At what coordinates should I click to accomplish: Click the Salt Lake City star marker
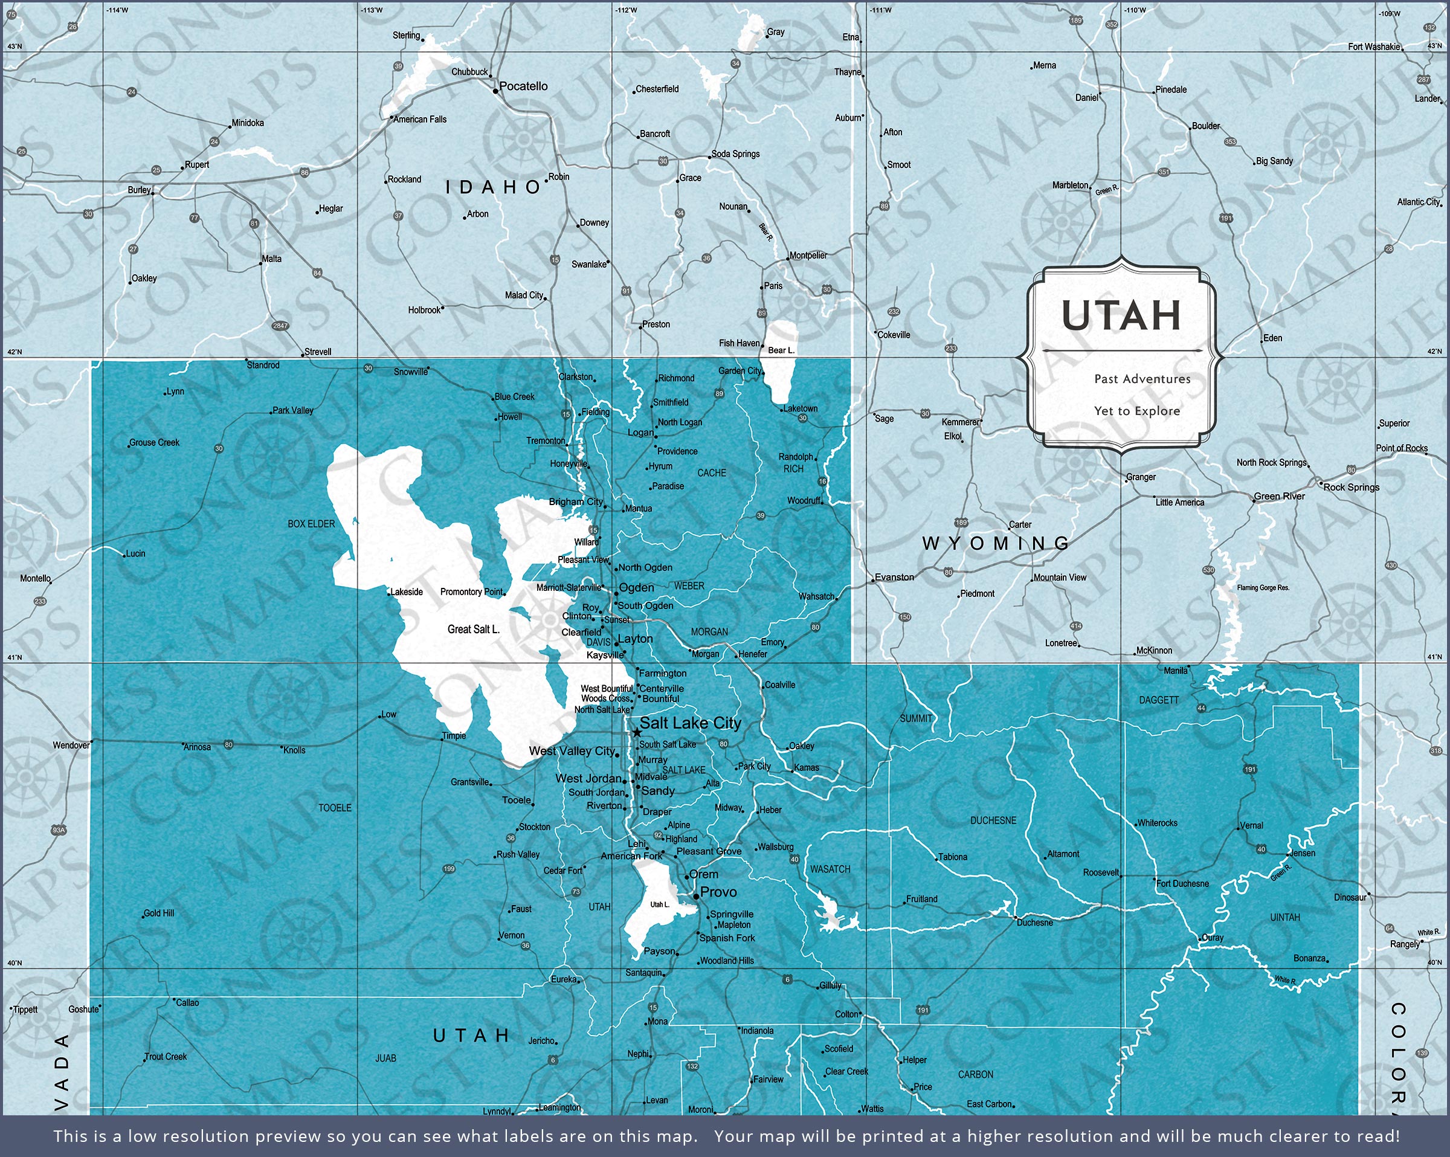coord(636,732)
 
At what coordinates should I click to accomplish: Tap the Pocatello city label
coord(523,86)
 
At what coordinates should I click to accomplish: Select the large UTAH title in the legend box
coord(1121,315)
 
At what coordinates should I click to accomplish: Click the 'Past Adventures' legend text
coord(1142,379)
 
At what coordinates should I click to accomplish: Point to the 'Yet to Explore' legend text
coord(1136,411)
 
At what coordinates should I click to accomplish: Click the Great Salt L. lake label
coord(474,629)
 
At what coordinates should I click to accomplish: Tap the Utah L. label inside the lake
coord(659,904)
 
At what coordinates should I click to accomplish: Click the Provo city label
coord(718,892)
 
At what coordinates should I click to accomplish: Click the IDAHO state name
coord(493,187)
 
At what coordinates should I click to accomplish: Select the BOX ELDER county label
coord(311,524)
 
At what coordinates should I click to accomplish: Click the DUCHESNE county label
coord(993,820)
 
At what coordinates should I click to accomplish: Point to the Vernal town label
coord(1251,825)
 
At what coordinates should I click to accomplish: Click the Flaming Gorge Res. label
coord(1263,588)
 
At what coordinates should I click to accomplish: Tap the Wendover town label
coord(71,746)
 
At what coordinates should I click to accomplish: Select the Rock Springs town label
coord(1351,487)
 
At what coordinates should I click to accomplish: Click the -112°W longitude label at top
coord(625,10)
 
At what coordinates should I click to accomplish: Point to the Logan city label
coord(640,433)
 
